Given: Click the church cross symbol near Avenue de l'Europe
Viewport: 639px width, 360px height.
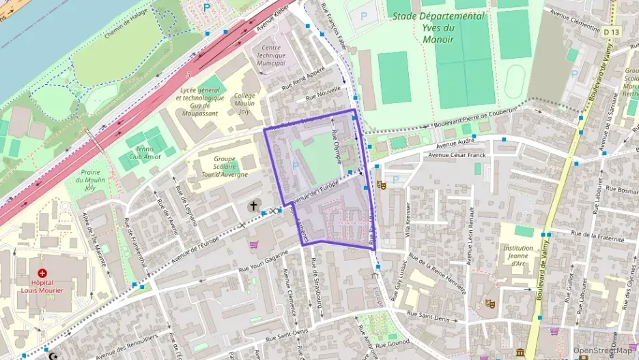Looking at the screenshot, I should pyautogui.click(x=253, y=206).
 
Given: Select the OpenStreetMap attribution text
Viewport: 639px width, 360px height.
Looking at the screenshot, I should pyautogui.click(x=602, y=350).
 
